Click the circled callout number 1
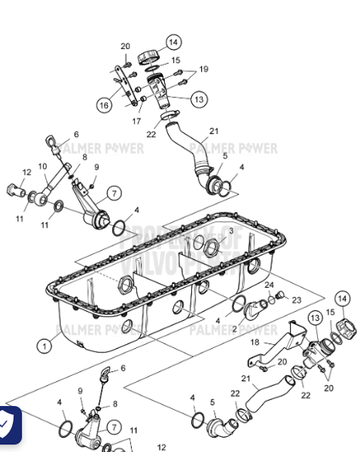46,346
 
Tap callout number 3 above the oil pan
230,231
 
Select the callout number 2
235,329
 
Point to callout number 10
43,166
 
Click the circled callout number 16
104,105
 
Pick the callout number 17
137,120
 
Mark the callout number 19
203,69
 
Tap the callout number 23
296,299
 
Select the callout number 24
269,285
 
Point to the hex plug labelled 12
16,188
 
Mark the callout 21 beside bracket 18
246,378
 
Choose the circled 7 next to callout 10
114,193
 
